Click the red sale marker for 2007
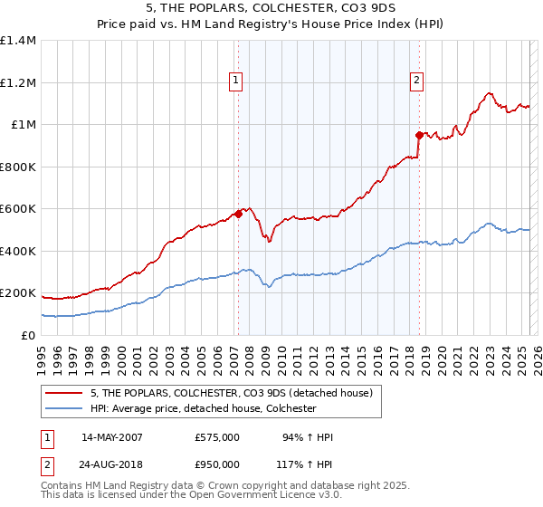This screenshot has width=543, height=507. click(x=238, y=215)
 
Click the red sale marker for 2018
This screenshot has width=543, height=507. click(x=419, y=136)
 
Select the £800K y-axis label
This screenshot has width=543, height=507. click(x=18, y=167)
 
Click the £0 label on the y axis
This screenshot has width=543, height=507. click(x=27, y=335)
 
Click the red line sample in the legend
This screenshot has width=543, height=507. click(x=64, y=392)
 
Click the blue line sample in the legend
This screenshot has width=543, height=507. click(x=64, y=408)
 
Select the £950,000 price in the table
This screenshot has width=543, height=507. click(x=217, y=464)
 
